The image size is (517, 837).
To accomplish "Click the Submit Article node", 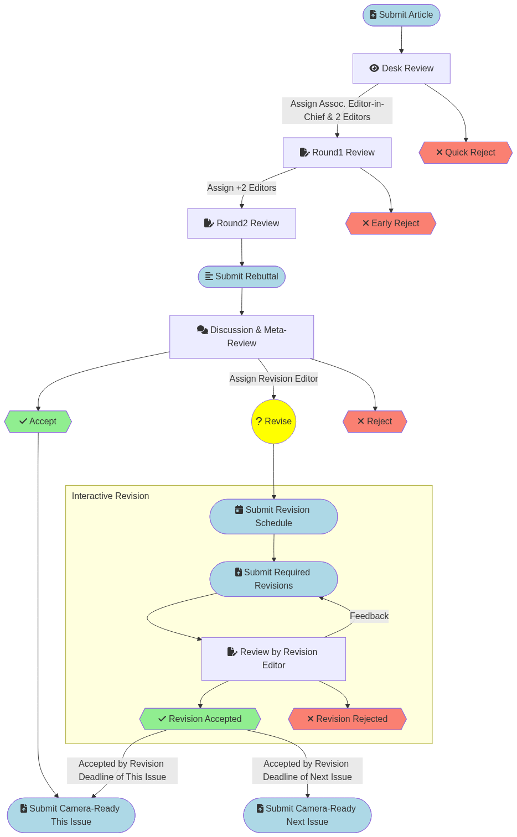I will coord(401,15).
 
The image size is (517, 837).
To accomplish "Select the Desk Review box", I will coord(401,69).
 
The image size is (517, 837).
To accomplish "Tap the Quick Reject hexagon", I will coord(466,153).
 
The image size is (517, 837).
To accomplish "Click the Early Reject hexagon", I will coord(391,223).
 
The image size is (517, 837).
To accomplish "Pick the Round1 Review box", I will coord(337,153).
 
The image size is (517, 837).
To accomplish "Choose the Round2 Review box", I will coord(241,223).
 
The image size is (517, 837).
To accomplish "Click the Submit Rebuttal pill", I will coord(241,277).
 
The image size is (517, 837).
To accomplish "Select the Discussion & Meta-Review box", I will coord(241,337).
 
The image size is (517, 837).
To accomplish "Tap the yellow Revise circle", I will coord(273,422).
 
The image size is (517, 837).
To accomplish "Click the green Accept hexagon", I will coord(38,422).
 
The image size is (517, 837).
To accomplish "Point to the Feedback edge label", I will coord(369,616).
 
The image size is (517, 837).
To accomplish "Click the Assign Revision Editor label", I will coord(273,379).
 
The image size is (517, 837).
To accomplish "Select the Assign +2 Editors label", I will coord(241,188).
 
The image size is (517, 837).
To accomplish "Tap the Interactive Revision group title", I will coord(110,496).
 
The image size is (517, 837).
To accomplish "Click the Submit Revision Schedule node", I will coord(273,517).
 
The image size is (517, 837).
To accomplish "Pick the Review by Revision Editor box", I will coord(273,659).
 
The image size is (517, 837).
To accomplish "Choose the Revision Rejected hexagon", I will coord(347,719).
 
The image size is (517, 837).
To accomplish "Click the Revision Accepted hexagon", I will coord(200,719).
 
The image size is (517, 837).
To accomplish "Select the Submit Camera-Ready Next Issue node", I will coord(307,815).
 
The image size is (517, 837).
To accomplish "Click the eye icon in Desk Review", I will coord(374,68).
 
